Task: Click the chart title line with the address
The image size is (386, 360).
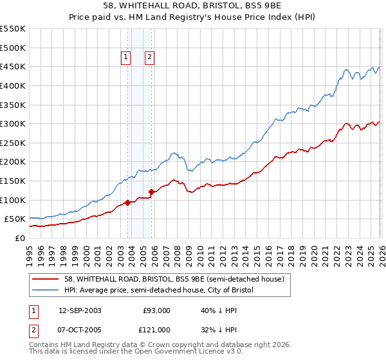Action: (x=192, y=6)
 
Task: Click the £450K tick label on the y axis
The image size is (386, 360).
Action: (x=13, y=66)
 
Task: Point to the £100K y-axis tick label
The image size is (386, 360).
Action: (x=13, y=200)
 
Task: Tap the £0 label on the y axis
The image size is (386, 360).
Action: (x=20, y=238)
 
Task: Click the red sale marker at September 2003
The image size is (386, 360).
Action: (x=127, y=203)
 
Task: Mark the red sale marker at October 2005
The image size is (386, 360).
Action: (x=151, y=192)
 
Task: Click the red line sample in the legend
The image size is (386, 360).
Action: (x=46, y=279)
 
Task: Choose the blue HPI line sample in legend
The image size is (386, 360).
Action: (x=46, y=291)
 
